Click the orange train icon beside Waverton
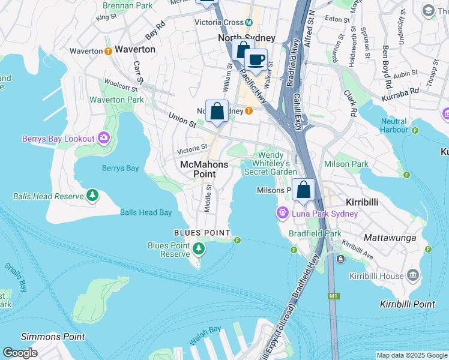click(x=108, y=51)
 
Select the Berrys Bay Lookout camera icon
click(x=104, y=139)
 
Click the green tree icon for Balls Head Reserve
click(x=92, y=196)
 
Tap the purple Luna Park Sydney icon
click(x=283, y=213)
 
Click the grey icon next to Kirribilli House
click(x=412, y=276)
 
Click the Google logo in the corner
click(x=20, y=352)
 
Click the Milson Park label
click(x=346, y=164)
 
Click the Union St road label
click(x=182, y=120)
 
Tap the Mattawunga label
click(x=390, y=238)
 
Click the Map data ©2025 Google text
click(x=411, y=355)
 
